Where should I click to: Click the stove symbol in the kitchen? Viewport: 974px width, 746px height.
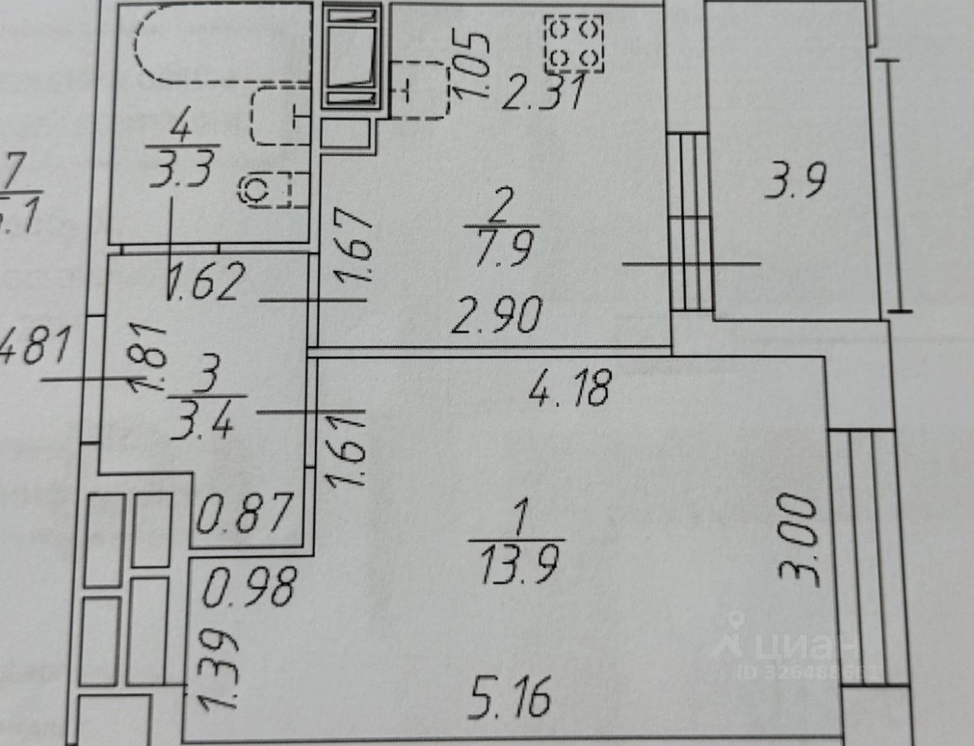click(x=575, y=43)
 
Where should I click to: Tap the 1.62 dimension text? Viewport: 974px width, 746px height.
click(x=206, y=282)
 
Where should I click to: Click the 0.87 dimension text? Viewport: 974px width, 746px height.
click(x=243, y=513)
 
